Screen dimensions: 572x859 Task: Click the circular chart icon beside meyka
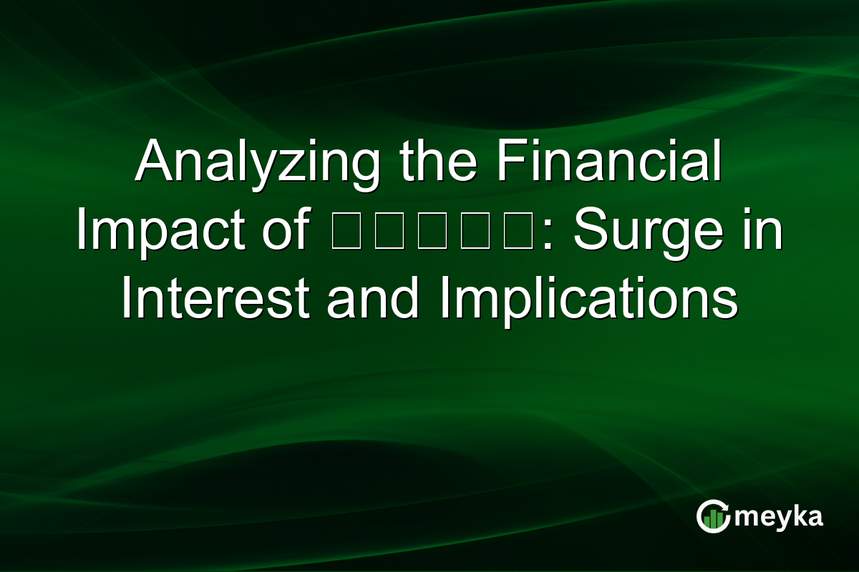[713, 516]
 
